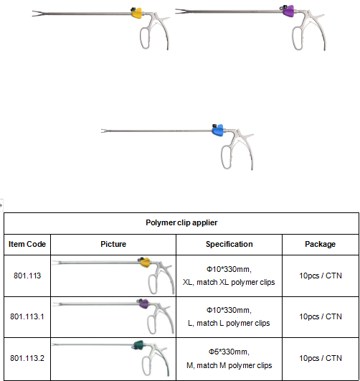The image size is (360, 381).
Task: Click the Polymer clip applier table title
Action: tap(181, 222)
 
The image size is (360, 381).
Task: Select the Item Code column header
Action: tap(27, 244)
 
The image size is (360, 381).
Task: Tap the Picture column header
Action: tap(113, 244)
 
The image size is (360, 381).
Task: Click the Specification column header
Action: tap(229, 244)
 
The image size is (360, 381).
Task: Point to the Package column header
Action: tap(320, 244)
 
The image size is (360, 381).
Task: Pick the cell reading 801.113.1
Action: tap(27, 316)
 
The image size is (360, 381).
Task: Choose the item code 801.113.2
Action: tap(27, 358)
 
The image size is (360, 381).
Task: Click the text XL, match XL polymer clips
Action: tap(229, 282)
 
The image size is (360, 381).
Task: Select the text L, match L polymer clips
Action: tap(229, 323)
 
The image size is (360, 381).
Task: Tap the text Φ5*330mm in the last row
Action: tap(229, 352)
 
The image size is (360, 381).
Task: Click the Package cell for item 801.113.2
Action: tap(321, 358)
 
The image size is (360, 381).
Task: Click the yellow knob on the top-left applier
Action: tap(137, 13)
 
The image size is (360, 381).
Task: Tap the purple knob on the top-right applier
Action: tap(288, 11)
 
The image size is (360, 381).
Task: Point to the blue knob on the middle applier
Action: tap(218, 131)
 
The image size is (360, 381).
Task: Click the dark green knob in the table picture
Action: tap(138, 345)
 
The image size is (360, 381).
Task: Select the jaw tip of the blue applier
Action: tap(101, 131)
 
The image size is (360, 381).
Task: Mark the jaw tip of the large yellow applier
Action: tap(33, 14)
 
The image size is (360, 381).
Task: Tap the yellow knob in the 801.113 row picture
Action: tap(146, 263)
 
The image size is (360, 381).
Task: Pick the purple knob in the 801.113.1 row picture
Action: tap(144, 304)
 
